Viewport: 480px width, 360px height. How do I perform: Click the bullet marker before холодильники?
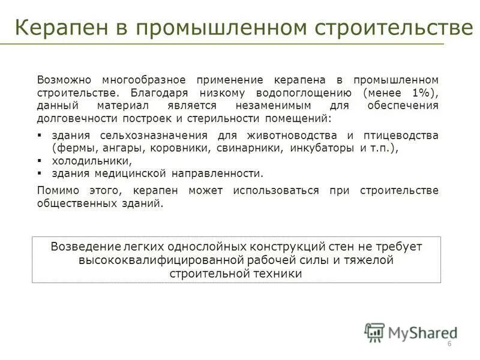click(40, 161)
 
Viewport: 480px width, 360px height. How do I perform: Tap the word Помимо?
click(57, 191)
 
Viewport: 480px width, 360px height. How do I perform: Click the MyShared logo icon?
click(374, 332)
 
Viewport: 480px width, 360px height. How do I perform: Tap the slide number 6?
click(449, 344)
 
